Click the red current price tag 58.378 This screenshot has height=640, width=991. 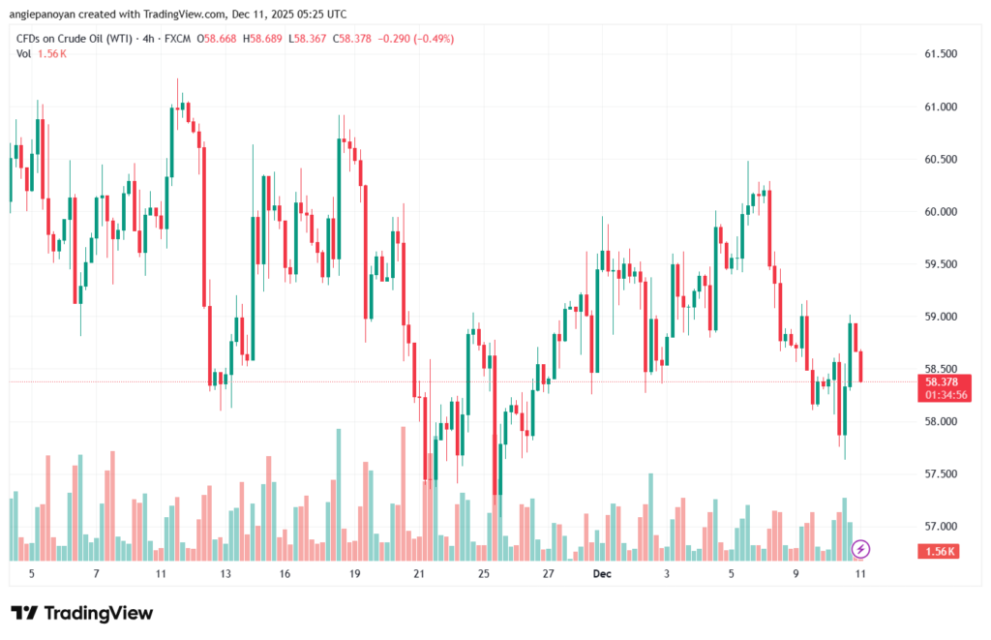click(934, 381)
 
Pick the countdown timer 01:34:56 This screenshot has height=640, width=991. click(934, 394)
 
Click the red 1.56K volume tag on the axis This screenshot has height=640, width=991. click(934, 551)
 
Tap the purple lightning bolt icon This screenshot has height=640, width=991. click(860, 549)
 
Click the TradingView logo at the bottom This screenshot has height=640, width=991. click(82, 613)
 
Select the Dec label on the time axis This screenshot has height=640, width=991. click(602, 574)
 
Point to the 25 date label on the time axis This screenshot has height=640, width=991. click(483, 574)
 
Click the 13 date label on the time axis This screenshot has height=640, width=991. click(225, 574)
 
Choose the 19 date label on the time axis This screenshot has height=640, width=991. click(355, 574)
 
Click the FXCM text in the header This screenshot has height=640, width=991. click(175, 39)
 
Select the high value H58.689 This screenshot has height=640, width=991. click(261, 39)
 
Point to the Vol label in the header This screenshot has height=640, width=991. click(23, 53)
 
